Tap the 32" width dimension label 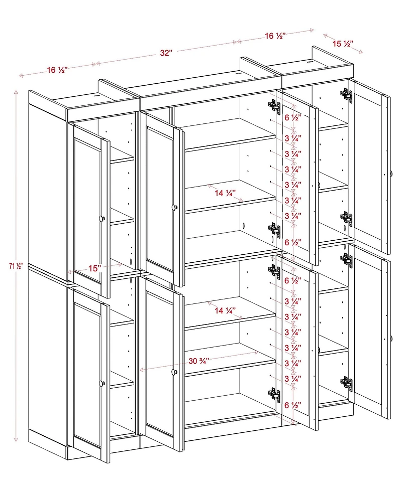pyautogui.click(x=166, y=53)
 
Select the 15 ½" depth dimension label pyautogui.click(x=343, y=44)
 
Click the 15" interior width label pyautogui.click(x=94, y=268)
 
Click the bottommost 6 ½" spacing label pyautogui.click(x=293, y=405)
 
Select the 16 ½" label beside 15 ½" pyautogui.click(x=275, y=36)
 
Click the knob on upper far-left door pyautogui.click(x=101, y=218)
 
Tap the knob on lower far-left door pyautogui.click(x=101, y=384)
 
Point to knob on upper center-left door pyautogui.click(x=174, y=207)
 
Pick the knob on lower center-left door pyautogui.click(x=174, y=372)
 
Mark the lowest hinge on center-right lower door pyautogui.click(x=274, y=395)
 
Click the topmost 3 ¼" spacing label pyautogui.click(x=293, y=137)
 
